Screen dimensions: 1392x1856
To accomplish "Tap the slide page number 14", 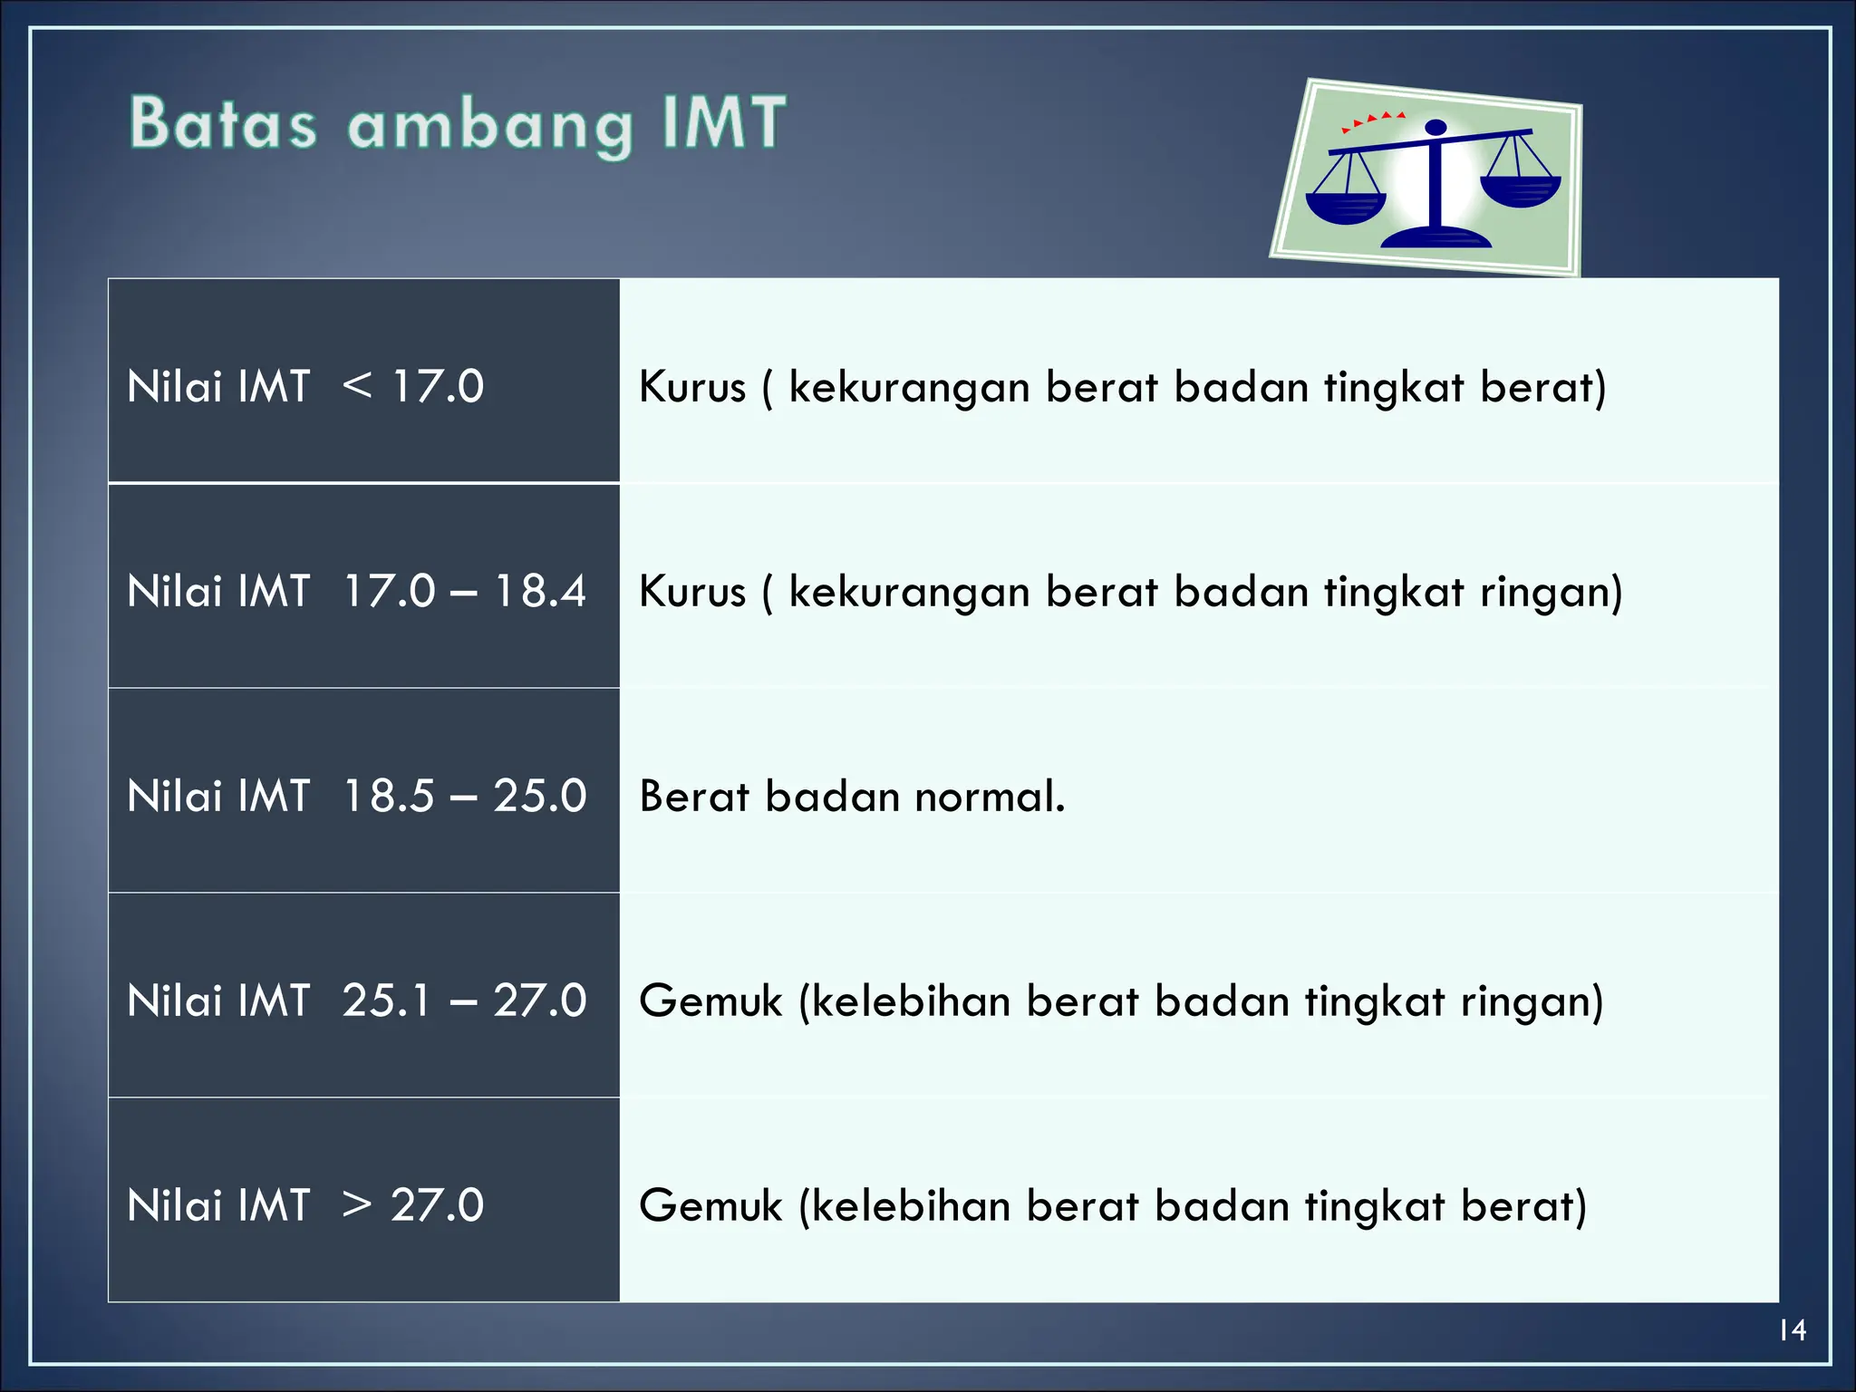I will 1792,1330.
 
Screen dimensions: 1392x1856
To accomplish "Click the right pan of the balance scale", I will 1520,190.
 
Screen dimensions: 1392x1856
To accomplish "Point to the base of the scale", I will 1435,237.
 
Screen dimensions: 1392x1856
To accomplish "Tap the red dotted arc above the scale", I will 1373,120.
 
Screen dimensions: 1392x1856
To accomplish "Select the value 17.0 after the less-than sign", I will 438,387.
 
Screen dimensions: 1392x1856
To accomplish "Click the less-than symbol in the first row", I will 357,387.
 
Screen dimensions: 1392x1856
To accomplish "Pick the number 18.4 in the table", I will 540,592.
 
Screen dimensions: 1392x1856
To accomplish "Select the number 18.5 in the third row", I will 389,797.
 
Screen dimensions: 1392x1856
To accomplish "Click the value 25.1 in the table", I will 386,1001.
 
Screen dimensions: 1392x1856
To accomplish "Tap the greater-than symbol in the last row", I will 357,1206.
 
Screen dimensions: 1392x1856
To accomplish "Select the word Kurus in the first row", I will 692,387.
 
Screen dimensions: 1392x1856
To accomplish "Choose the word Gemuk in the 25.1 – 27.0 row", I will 710,1001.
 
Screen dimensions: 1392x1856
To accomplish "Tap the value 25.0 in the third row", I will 540,797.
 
